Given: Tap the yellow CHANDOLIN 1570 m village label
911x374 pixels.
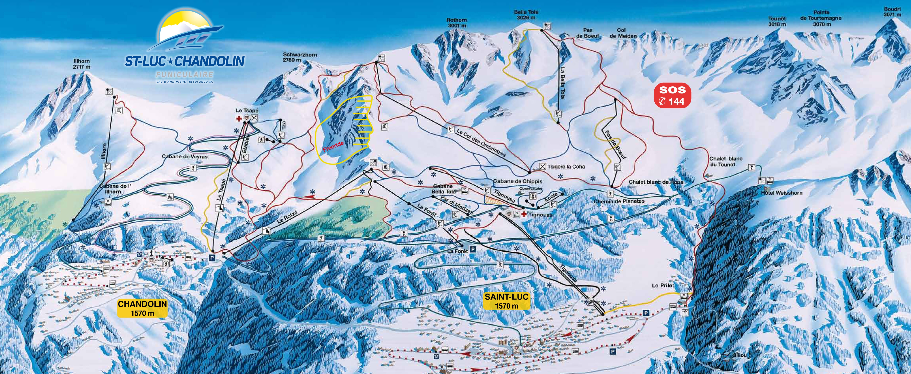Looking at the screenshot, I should pos(142,308).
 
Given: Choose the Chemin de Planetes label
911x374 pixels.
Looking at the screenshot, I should pos(619,201).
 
